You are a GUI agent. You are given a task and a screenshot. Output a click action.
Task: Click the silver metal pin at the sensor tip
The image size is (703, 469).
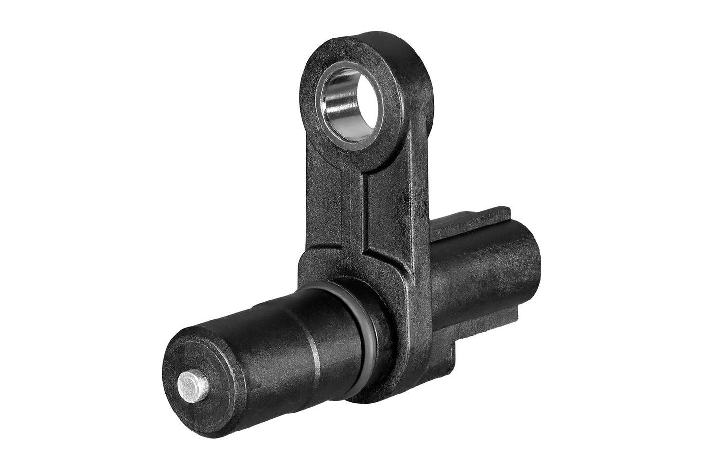[x=194, y=384]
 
